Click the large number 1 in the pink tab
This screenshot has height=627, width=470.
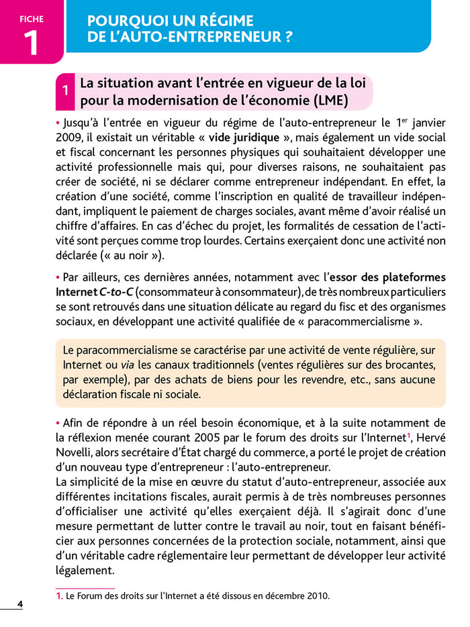click(31, 42)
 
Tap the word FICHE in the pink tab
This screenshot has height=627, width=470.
click(31, 19)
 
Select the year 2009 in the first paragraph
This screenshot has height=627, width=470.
click(68, 138)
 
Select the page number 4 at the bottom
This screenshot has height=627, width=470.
click(20, 604)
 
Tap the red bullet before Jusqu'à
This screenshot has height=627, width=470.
click(58, 124)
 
